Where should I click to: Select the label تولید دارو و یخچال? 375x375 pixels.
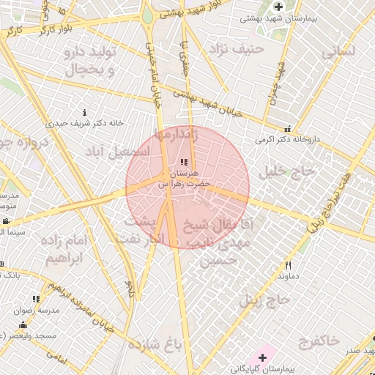(91, 63)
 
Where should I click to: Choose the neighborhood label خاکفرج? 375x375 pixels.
(319, 341)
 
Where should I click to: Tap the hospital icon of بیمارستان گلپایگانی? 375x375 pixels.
(262, 357)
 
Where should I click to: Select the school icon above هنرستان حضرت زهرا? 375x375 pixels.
(184, 162)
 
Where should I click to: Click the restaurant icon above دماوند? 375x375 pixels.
(289, 266)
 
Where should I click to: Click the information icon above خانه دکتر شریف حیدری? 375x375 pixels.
(85, 113)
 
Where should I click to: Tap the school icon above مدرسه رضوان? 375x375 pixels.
(36, 299)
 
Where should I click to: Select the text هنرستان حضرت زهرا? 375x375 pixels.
(185, 179)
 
